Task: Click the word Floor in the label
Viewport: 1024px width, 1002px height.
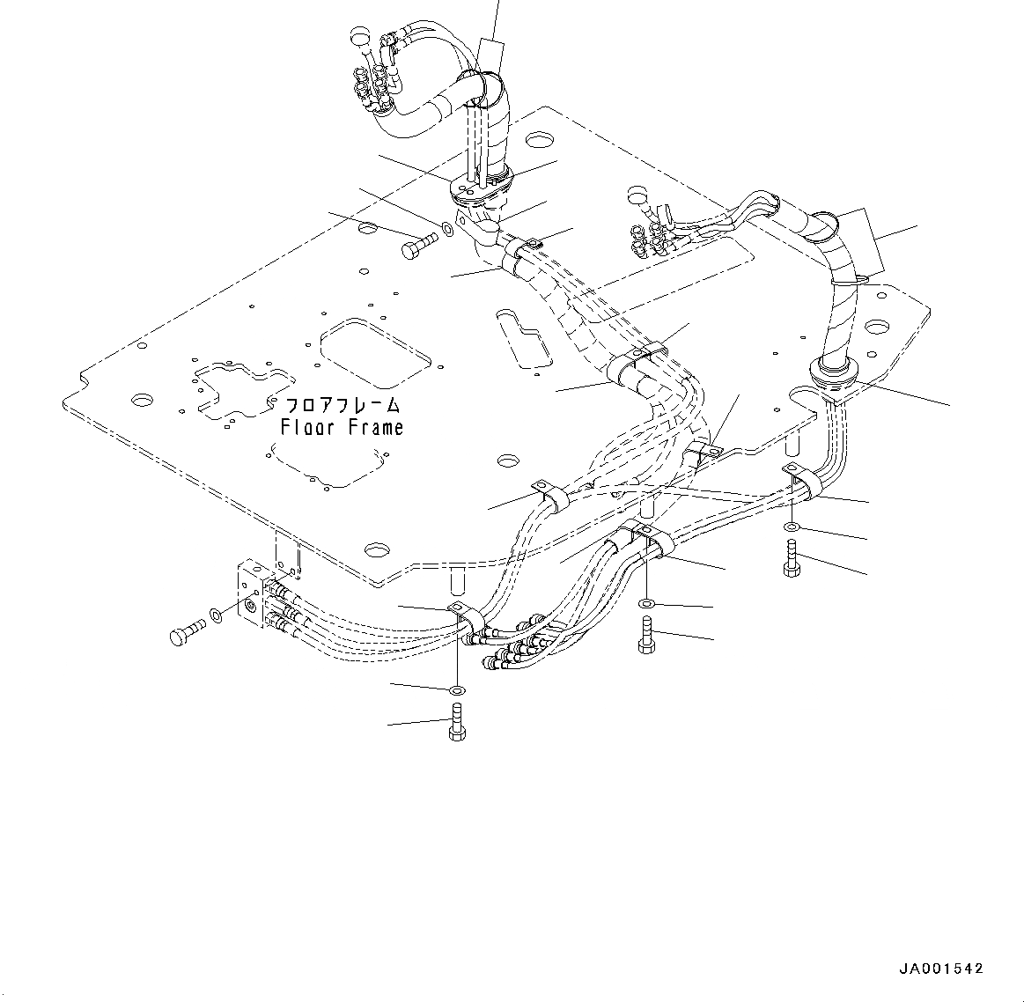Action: pos(306,428)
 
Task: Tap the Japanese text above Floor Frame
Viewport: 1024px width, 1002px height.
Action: pos(342,406)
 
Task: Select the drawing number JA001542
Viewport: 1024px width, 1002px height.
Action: pos(940,969)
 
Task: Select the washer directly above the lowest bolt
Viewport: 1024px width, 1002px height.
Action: pos(456,689)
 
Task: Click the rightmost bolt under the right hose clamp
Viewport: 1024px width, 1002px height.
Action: pos(791,560)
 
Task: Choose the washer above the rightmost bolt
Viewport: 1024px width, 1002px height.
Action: pos(792,527)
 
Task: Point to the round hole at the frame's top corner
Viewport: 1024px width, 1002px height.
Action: pos(541,139)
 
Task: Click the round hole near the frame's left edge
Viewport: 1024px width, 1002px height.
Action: pos(140,401)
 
